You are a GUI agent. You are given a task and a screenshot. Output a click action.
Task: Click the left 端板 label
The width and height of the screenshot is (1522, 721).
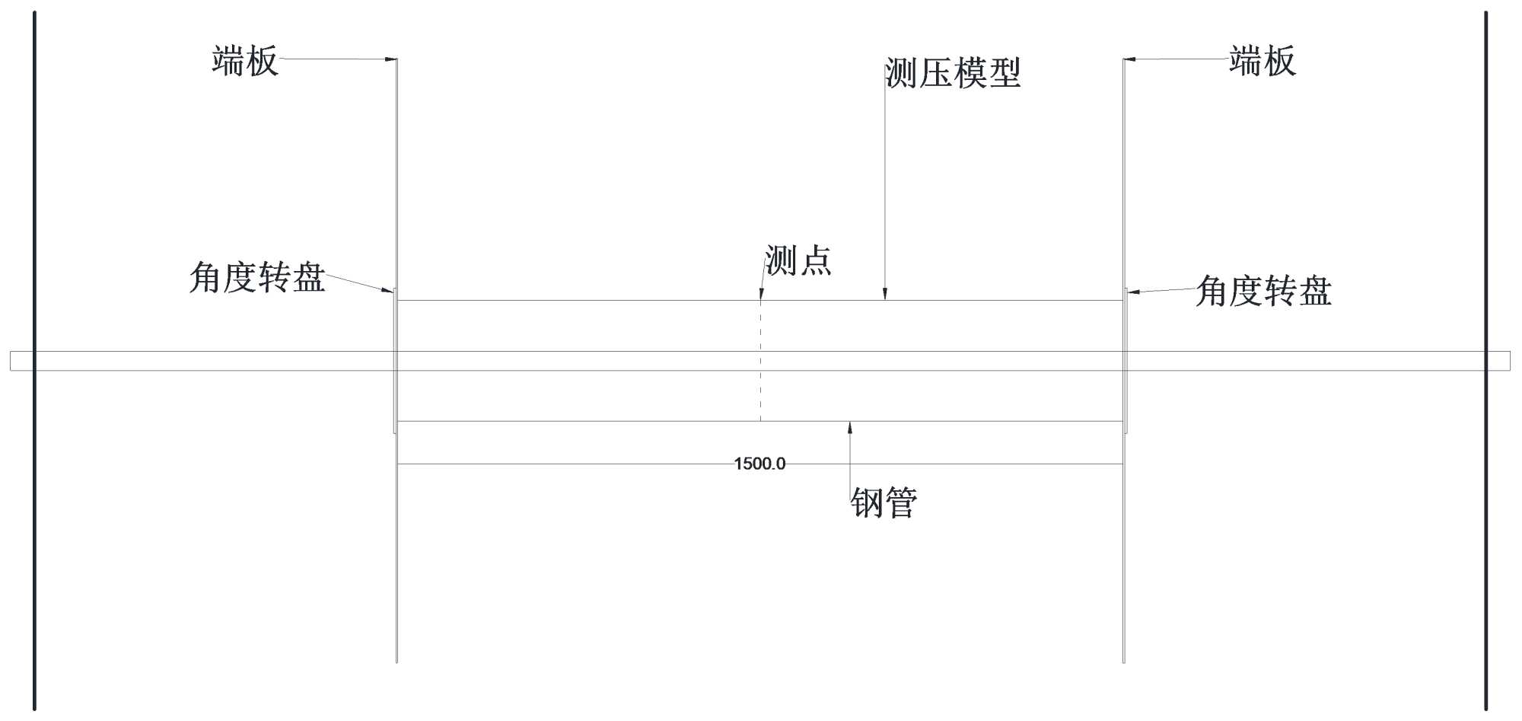point(245,61)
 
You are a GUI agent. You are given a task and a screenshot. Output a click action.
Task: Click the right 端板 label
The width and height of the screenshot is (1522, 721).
point(1262,61)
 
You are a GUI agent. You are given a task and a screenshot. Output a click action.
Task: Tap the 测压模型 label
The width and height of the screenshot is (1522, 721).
point(952,74)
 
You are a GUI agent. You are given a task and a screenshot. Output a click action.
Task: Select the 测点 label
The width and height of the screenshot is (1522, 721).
point(798,261)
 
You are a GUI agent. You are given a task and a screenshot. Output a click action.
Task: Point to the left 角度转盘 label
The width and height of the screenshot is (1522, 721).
point(257,278)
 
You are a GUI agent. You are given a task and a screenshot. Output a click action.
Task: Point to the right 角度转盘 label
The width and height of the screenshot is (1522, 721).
point(1263,292)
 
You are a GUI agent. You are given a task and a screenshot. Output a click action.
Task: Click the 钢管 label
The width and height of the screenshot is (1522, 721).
point(884,503)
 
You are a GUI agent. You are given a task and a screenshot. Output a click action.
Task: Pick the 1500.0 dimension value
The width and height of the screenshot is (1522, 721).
point(759,464)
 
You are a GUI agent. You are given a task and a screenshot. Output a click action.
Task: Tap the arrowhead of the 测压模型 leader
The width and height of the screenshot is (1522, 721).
point(885,295)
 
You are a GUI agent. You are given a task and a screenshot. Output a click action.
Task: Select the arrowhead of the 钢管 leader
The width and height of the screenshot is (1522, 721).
point(850,427)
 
